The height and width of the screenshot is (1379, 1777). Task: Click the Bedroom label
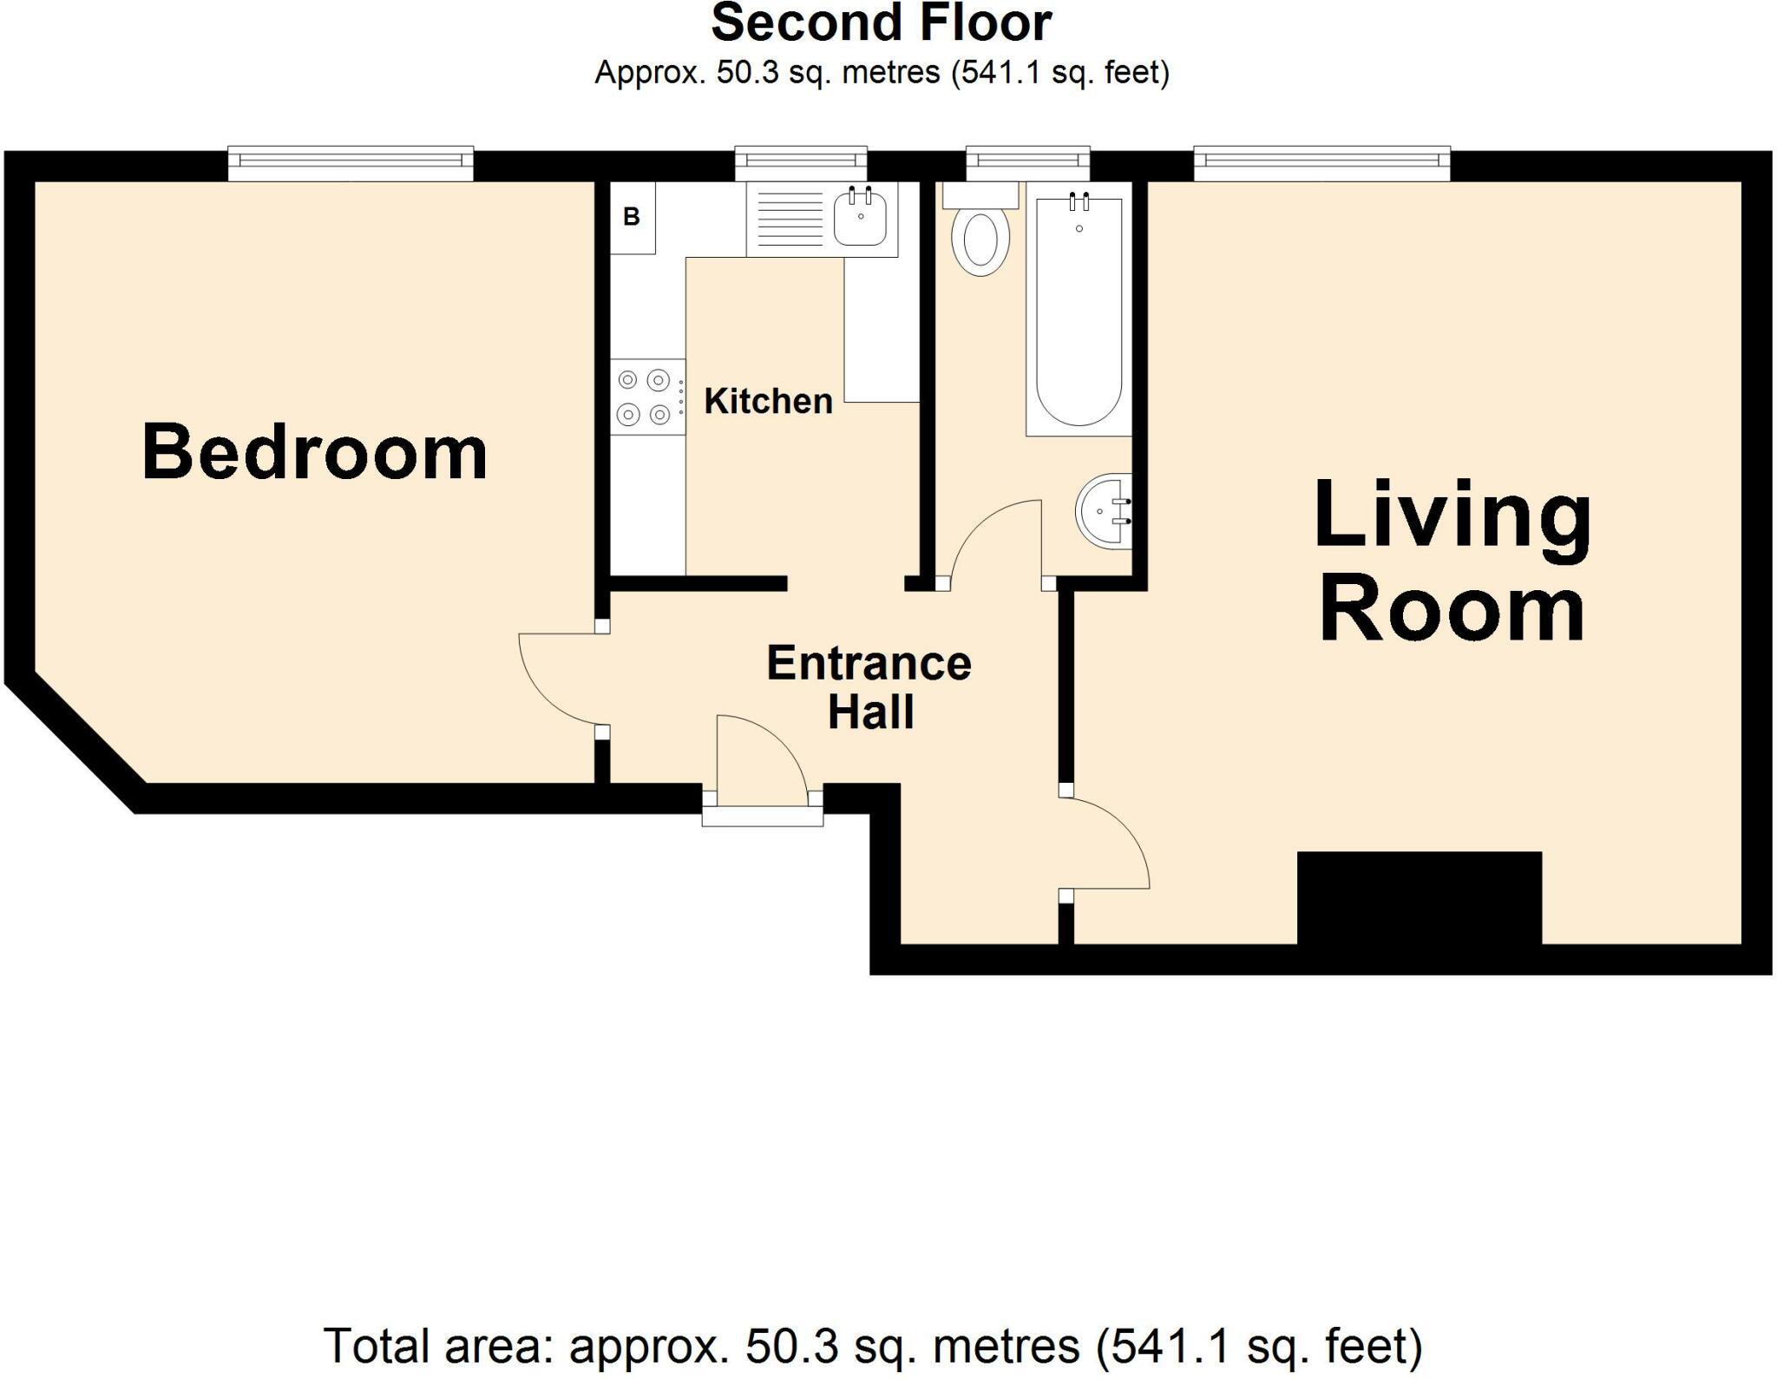[x=314, y=452]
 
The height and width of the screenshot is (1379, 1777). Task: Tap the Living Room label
[x=1452, y=562]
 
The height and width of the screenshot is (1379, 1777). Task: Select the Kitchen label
[x=768, y=401]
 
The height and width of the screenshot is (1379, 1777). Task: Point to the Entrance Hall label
[x=869, y=687]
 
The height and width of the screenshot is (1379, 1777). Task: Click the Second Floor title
[x=881, y=23]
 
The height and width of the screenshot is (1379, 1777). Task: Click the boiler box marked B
[x=632, y=217]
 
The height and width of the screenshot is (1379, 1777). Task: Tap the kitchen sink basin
[x=860, y=218]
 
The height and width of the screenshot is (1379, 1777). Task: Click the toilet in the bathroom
[x=980, y=241]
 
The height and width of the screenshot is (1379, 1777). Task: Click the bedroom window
[x=351, y=163]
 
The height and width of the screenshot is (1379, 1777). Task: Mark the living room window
[x=1321, y=163]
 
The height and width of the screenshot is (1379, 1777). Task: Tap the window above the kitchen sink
[x=801, y=162]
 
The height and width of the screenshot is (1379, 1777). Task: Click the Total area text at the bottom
[x=873, y=1346]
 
